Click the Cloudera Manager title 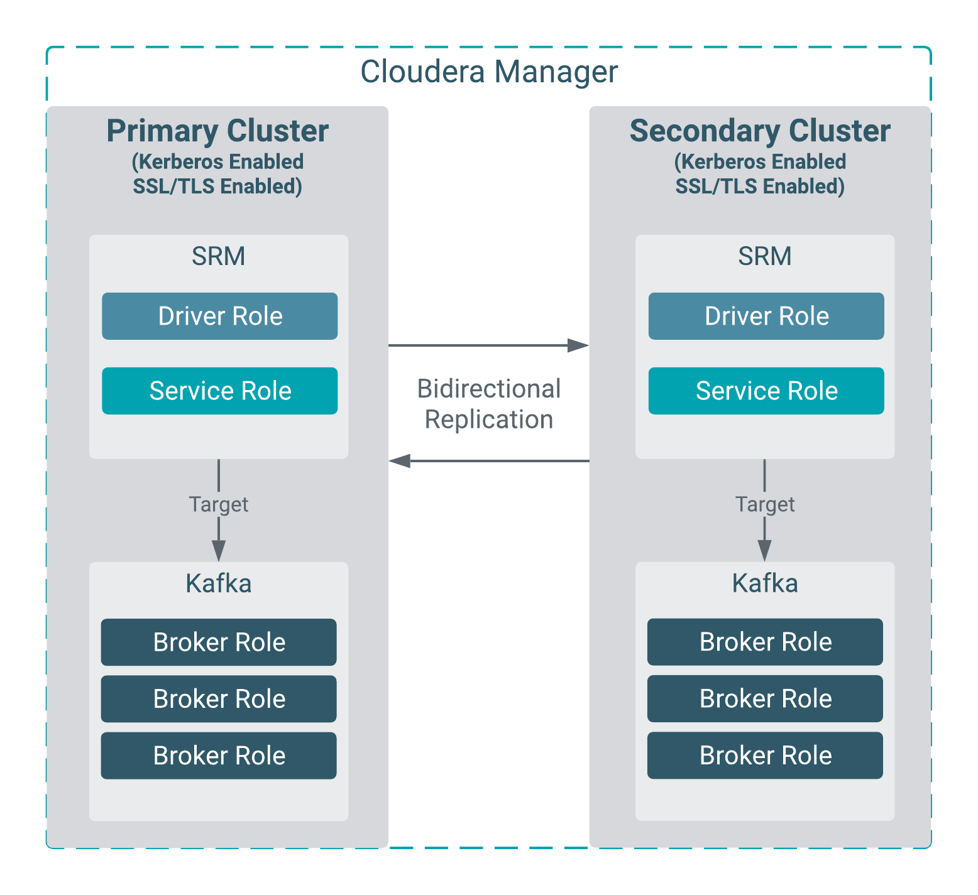(x=488, y=72)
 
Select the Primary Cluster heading (x=217, y=131)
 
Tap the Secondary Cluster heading (x=760, y=131)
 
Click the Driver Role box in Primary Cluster (x=220, y=316)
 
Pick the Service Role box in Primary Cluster (x=220, y=391)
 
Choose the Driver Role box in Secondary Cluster (x=766, y=316)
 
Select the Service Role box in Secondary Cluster (x=766, y=391)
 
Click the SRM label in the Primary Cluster (x=218, y=256)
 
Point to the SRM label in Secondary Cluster (x=764, y=256)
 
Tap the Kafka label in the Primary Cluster (x=218, y=583)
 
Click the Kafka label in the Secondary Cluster (x=764, y=583)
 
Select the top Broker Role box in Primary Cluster (x=219, y=642)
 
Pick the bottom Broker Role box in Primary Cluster (x=219, y=756)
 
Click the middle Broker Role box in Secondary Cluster (x=765, y=698)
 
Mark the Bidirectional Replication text (x=488, y=404)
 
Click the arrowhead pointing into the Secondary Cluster (x=578, y=345)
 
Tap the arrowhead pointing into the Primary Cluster (x=400, y=461)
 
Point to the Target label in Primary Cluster (x=218, y=504)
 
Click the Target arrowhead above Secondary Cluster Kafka (x=764, y=551)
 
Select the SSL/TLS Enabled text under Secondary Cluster (x=760, y=187)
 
